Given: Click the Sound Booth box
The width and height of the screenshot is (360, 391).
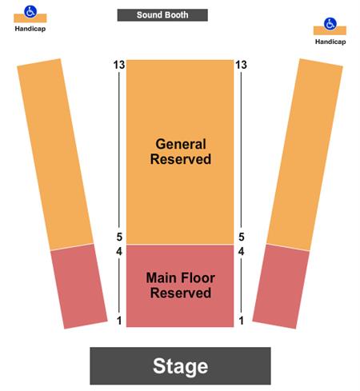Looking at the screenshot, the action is pyautogui.click(x=162, y=15).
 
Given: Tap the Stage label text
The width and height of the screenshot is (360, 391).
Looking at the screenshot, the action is pyautogui.click(x=181, y=366).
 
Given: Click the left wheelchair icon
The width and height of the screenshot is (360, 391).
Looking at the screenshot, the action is pyautogui.click(x=30, y=11).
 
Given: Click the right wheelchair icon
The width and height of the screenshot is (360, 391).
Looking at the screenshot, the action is pyautogui.click(x=330, y=24).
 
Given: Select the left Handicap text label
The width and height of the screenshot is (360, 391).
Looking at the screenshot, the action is pyautogui.click(x=30, y=29).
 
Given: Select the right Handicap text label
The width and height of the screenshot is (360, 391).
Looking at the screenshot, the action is pyautogui.click(x=330, y=42).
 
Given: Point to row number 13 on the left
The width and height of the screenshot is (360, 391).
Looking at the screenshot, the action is pyautogui.click(x=119, y=65).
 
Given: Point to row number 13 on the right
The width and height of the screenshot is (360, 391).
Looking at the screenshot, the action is pyautogui.click(x=241, y=65).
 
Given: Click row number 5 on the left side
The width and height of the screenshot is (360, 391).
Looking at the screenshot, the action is pyautogui.click(x=119, y=237).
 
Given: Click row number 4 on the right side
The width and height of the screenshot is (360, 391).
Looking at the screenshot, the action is pyautogui.click(x=241, y=251).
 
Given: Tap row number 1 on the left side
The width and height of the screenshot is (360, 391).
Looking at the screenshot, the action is pyautogui.click(x=119, y=321).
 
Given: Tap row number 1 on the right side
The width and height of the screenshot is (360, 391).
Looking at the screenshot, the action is pyautogui.click(x=242, y=321).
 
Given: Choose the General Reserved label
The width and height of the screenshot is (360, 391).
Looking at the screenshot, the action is pyautogui.click(x=181, y=152).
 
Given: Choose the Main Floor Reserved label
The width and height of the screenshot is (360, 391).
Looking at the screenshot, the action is pyautogui.click(x=181, y=285).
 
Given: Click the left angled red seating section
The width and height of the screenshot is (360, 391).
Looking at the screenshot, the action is pyautogui.click(x=79, y=286).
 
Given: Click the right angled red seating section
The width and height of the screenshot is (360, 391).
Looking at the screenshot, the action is pyautogui.click(x=281, y=286).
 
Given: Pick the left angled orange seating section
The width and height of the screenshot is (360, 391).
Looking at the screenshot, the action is pyautogui.click(x=55, y=154).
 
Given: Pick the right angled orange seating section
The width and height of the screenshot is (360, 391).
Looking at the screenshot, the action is pyautogui.click(x=305, y=154).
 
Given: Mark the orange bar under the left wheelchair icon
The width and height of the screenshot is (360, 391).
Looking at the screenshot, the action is pyautogui.click(x=30, y=18).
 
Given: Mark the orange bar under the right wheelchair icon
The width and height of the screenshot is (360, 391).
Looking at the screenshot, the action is pyautogui.click(x=330, y=31).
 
